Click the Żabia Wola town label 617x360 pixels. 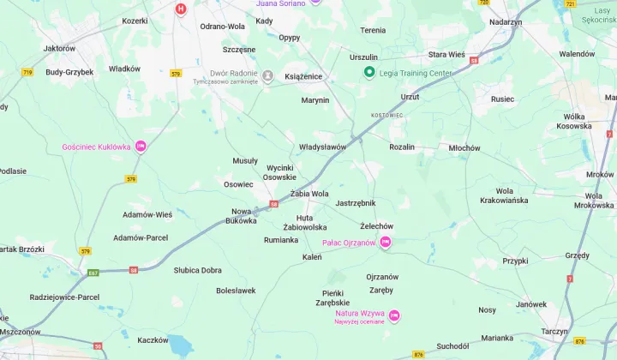coord(309,194)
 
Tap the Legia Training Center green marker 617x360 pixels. coord(370,73)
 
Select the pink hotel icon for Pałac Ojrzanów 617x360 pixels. coord(386,243)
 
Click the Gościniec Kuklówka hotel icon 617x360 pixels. coord(141,147)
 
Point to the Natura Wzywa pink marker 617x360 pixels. coord(394,316)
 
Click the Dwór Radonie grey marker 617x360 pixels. coord(267,77)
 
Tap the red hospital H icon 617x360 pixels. coord(180,9)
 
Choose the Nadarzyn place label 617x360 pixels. coord(506,21)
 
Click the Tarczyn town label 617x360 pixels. coord(554,331)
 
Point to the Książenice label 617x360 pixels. coord(303,76)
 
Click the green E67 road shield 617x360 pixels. coord(93,273)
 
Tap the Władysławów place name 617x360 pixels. coord(322,147)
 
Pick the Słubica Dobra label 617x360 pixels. coord(198,270)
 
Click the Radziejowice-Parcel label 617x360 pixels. coord(64,297)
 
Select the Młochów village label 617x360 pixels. coord(464,147)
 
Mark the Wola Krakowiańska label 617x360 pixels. coord(504,195)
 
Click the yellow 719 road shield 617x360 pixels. coord(27,73)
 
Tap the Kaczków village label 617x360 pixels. coord(153,340)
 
